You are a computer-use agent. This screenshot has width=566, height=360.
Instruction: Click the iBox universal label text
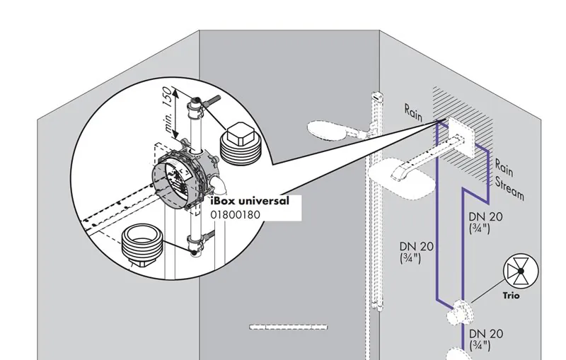tap(250, 201)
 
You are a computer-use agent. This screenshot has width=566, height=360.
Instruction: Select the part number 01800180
tap(236, 214)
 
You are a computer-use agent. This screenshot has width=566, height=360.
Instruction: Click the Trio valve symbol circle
tap(521, 271)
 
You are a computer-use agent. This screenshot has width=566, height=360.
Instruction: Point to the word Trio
tap(512, 296)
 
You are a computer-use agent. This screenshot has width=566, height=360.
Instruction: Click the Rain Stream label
tap(509, 178)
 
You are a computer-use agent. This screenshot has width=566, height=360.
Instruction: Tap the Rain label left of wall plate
tap(412, 112)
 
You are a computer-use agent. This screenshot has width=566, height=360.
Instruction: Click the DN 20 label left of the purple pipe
tap(416, 252)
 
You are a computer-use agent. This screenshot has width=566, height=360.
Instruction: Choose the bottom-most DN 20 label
tap(486, 339)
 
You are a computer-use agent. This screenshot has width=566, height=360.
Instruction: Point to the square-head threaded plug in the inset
tap(240, 143)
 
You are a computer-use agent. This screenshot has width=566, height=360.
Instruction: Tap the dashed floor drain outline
tap(289, 327)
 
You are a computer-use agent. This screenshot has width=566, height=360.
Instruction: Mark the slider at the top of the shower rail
tap(378, 96)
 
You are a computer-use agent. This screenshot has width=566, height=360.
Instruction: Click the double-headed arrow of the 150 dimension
tap(175, 113)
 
